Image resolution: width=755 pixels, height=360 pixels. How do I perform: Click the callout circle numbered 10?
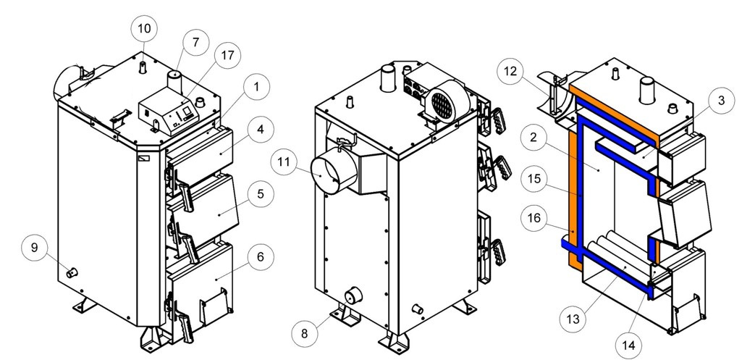[x=143, y=29]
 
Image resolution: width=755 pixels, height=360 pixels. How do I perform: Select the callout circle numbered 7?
[x=194, y=43]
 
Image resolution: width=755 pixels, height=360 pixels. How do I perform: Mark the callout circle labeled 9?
[x=33, y=248]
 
